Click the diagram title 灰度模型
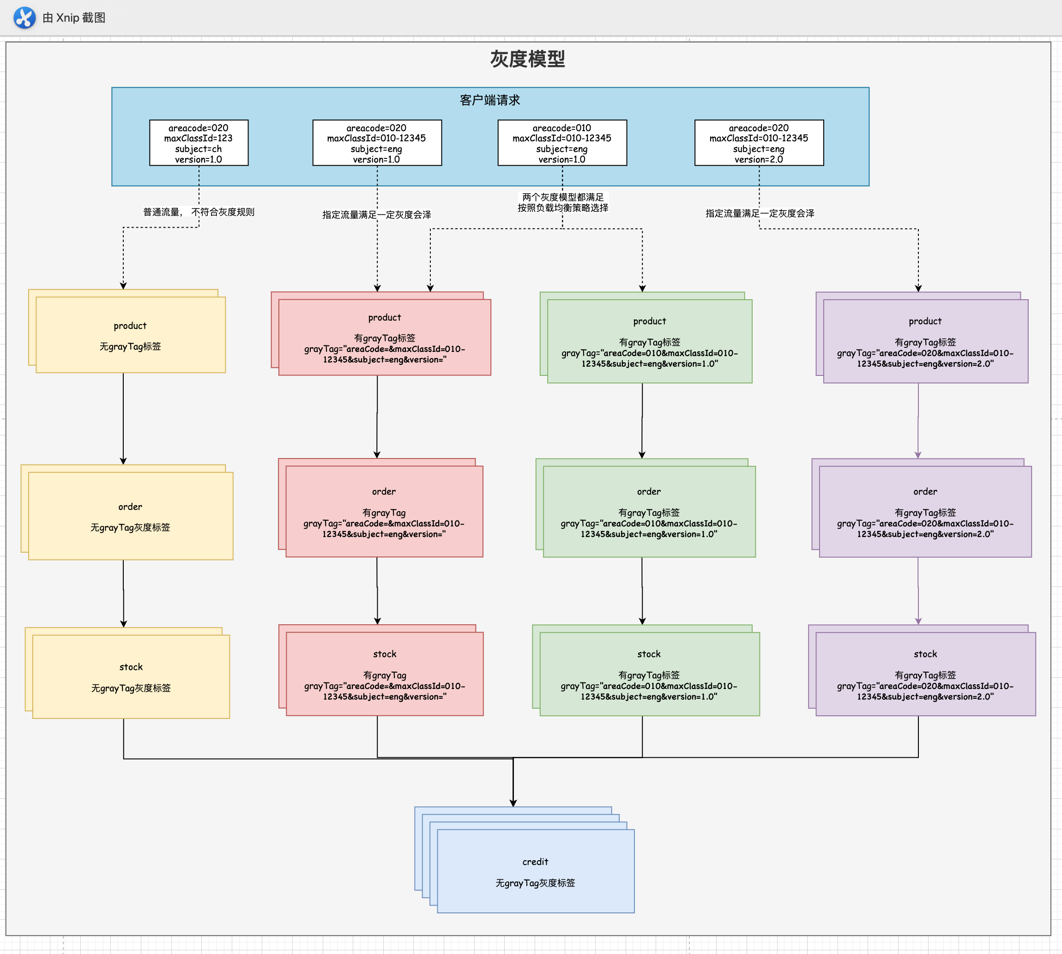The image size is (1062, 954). click(527, 59)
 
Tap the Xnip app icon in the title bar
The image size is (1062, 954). click(24, 17)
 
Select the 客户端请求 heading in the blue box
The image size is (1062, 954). click(489, 100)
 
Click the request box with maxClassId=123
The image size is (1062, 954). click(199, 143)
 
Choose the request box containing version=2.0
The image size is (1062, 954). click(759, 143)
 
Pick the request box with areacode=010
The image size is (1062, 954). click(562, 143)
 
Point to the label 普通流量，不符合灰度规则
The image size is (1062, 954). click(199, 212)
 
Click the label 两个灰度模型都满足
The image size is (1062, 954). click(562, 197)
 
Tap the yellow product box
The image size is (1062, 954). click(131, 336)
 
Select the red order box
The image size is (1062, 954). click(384, 512)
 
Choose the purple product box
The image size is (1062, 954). click(925, 341)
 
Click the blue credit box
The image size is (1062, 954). click(535, 871)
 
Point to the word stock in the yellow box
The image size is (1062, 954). click(131, 667)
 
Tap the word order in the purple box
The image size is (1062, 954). click(925, 492)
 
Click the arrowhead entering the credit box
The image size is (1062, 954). click(513, 803)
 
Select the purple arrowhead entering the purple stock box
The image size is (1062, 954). click(918, 621)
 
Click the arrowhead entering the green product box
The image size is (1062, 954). click(642, 288)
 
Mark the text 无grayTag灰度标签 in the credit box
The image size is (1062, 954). click(535, 883)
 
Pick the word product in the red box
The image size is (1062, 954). click(384, 318)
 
